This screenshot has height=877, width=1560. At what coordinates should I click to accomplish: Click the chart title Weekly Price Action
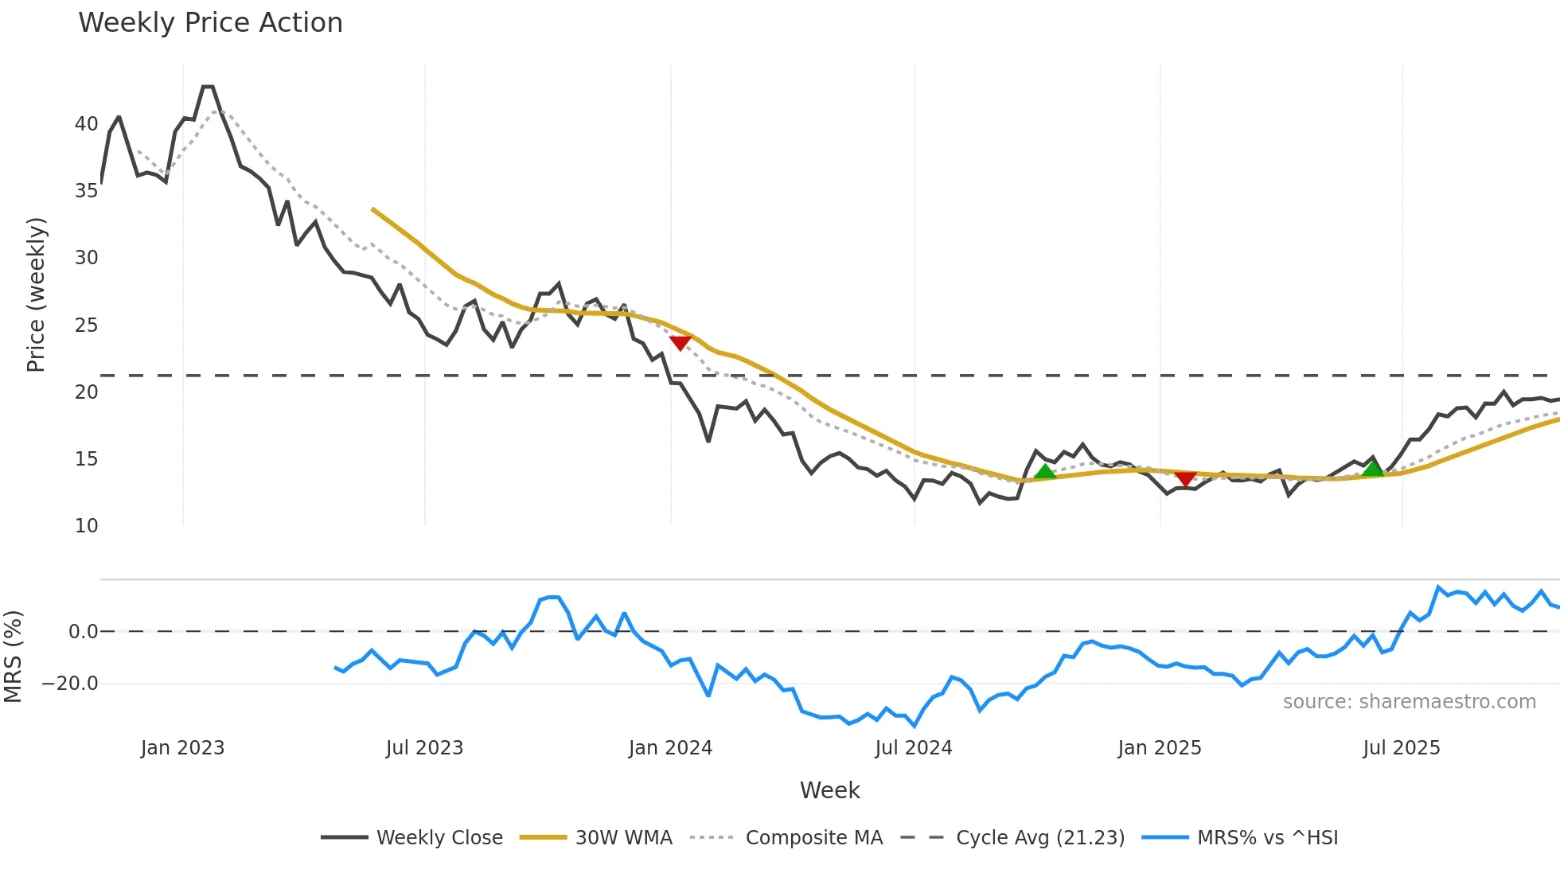[210, 23]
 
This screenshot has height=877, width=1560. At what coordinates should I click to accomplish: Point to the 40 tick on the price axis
[86, 124]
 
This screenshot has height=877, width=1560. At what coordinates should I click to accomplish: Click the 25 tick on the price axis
[86, 325]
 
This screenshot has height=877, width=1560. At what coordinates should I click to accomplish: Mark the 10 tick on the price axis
[86, 526]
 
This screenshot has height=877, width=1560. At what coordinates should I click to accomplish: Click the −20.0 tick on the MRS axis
[70, 684]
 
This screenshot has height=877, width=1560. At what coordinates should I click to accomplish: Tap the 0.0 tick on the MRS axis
[83, 632]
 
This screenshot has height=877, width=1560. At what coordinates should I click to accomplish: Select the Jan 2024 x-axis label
[670, 748]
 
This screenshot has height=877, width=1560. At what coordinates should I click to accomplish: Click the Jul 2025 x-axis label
[1402, 748]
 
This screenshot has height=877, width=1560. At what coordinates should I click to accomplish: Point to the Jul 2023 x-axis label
[424, 748]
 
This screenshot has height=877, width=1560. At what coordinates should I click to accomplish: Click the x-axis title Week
[829, 790]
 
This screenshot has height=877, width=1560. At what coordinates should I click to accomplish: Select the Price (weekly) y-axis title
[36, 294]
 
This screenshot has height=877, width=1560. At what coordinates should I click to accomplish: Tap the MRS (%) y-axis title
[13, 657]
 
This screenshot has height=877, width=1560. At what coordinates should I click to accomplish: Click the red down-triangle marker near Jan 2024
[681, 342]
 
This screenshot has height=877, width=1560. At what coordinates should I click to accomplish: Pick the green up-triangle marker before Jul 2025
[1372, 469]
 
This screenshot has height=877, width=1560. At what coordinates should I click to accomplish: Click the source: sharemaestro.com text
[1409, 702]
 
